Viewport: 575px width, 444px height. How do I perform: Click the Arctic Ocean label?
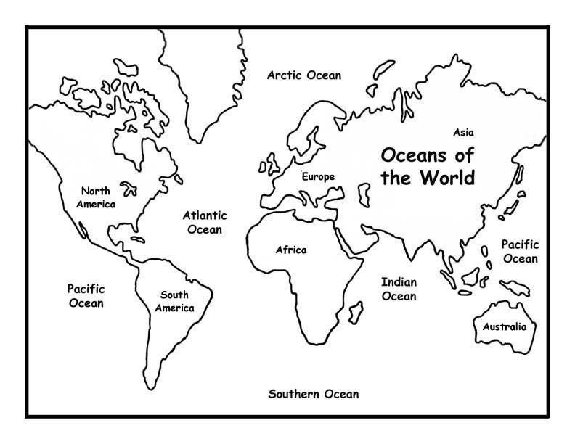click(303, 75)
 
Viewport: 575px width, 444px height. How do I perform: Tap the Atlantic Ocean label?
click(204, 222)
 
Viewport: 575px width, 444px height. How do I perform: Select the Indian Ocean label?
click(399, 289)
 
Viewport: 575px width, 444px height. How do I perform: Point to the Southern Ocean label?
click(313, 395)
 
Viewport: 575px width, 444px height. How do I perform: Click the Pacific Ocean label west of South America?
click(86, 295)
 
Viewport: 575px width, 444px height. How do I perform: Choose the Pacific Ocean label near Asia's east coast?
click(520, 252)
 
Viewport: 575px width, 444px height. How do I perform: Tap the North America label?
click(98, 197)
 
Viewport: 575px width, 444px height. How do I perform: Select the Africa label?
click(290, 250)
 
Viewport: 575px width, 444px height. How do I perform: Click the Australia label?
click(504, 326)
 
